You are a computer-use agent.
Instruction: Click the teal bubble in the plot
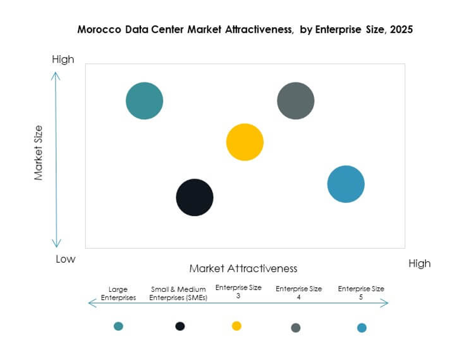tap(144, 101)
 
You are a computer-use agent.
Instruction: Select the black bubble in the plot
tap(195, 197)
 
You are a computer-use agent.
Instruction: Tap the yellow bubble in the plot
tap(245, 142)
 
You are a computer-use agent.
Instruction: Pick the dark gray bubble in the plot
tap(295, 101)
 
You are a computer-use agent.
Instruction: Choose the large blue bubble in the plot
tap(346, 184)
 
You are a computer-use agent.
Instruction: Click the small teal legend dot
tap(119, 326)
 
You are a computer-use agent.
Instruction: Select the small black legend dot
tap(180, 326)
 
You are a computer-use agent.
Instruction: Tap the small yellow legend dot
tap(236, 326)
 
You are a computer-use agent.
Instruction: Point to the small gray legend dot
tap(296, 327)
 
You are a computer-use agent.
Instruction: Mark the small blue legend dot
tap(362, 327)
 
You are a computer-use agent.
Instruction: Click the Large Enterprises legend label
tap(118, 293)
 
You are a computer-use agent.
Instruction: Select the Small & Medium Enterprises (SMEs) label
tap(179, 293)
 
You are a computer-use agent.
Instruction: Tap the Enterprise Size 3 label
tap(238, 291)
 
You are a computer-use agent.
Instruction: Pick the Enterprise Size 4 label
tap(298, 292)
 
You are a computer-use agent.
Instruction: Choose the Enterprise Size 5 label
tap(361, 292)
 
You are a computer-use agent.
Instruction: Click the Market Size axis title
tap(38, 153)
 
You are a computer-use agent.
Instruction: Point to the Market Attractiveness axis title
tap(243, 269)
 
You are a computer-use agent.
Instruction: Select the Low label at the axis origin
tap(65, 259)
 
